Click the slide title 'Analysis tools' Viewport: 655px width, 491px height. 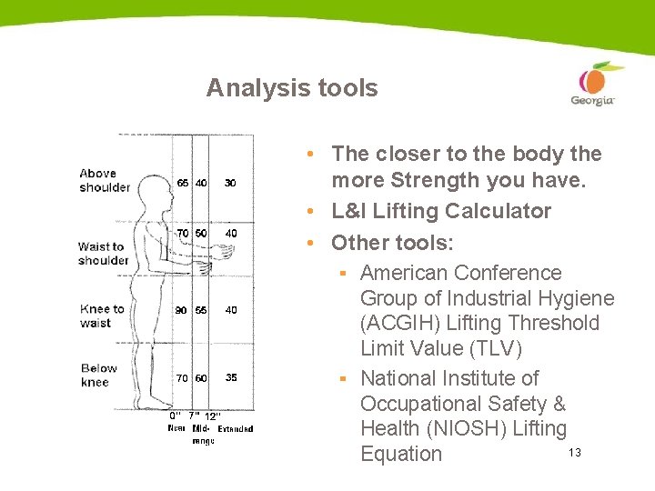[x=291, y=88]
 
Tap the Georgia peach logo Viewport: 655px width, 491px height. [x=593, y=85]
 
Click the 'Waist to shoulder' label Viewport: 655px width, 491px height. [x=103, y=253]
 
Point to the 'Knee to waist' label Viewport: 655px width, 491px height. [x=101, y=316]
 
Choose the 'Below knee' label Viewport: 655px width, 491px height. [x=98, y=375]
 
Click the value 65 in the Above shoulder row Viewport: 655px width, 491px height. [x=183, y=183]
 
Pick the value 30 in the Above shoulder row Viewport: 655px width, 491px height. [x=230, y=183]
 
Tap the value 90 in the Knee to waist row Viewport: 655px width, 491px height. [x=182, y=310]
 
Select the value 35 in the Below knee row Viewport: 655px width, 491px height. [x=231, y=377]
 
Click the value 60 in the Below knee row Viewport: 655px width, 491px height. [x=201, y=377]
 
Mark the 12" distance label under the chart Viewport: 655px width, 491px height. [x=213, y=416]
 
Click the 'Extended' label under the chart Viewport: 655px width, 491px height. [x=236, y=428]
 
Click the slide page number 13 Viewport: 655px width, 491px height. [x=574, y=453]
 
